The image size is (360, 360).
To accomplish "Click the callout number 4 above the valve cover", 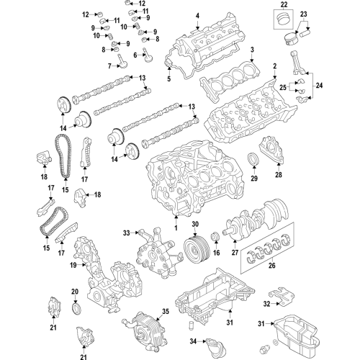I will (x=197, y=15).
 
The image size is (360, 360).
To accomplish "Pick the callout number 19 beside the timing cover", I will (x=73, y=266).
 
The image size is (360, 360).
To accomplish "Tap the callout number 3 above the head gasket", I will (x=252, y=49).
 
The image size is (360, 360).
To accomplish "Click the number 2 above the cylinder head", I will (x=274, y=66).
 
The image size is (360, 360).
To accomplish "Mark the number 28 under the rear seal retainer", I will (x=278, y=173).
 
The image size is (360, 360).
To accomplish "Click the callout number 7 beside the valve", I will (x=110, y=66).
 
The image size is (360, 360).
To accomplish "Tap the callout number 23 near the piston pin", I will (x=304, y=14).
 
